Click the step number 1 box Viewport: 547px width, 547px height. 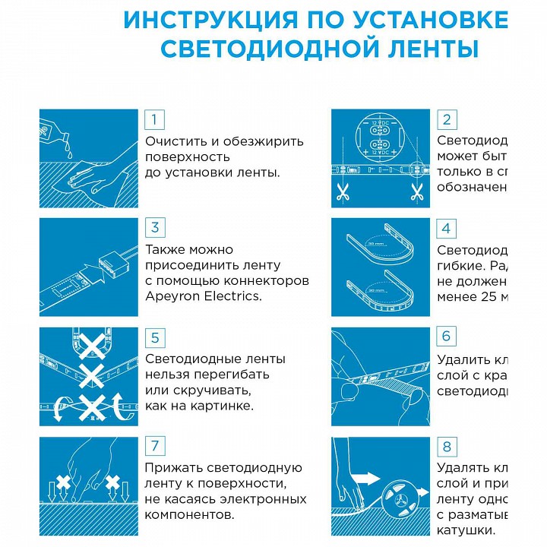(155, 119)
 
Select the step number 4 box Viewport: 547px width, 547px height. (447, 228)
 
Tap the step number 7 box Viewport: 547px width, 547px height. (155, 446)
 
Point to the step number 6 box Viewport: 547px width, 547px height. (447, 337)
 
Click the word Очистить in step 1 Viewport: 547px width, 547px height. (173, 141)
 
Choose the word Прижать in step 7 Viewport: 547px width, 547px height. (171, 468)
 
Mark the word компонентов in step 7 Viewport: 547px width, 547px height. (189, 514)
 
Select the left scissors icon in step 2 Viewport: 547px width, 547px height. (342, 193)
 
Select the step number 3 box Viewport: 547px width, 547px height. (155, 228)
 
